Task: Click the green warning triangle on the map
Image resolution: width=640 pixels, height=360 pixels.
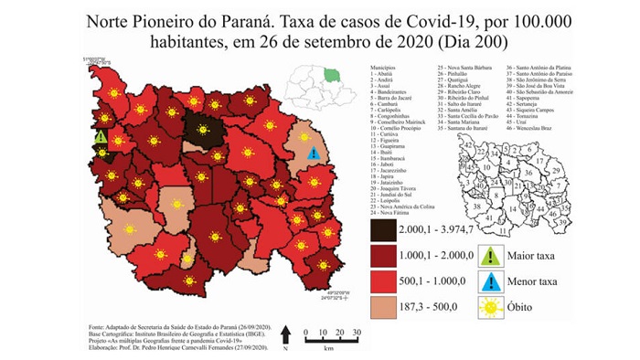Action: point(101,138)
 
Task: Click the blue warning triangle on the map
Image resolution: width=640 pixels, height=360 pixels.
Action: point(314,154)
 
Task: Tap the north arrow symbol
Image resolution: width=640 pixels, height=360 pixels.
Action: point(286,335)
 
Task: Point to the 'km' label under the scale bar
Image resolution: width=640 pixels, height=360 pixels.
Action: point(327,347)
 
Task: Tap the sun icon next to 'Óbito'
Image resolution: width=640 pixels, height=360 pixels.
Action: point(492,308)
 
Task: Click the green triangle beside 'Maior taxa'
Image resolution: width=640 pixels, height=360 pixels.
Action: point(492,257)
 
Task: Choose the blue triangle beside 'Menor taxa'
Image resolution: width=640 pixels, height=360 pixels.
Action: point(492,282)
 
